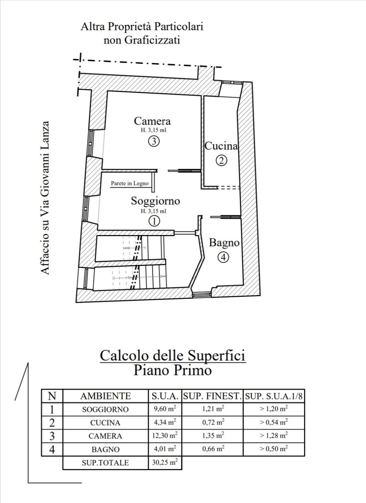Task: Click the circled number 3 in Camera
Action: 154,141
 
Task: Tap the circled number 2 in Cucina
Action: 222,160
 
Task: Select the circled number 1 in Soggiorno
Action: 154,221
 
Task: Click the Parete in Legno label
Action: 130,183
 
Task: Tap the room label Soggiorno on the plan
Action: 156,200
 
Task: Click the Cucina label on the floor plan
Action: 221,146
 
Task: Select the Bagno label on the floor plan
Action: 224,243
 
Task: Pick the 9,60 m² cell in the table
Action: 165,408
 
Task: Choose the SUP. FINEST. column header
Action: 212,396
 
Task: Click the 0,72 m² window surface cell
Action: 213,422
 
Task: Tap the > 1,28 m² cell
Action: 274,436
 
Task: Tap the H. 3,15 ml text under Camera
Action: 154,130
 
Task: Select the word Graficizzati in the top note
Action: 152,40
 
